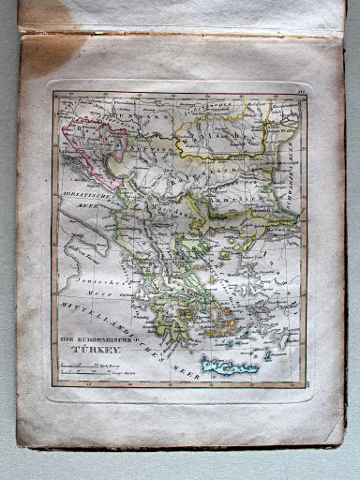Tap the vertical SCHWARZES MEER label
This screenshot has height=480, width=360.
coord(287,169)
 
